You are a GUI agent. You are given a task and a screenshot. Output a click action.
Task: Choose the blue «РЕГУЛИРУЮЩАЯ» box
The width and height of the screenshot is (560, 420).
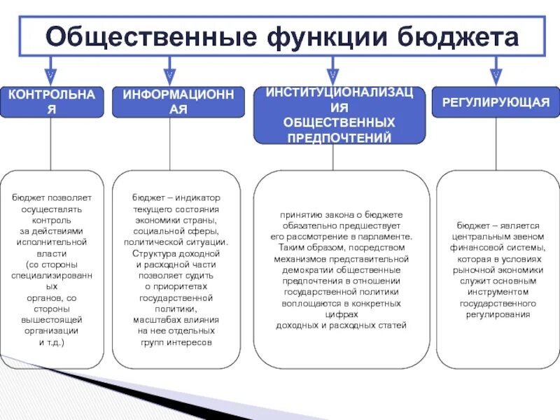[496, 102]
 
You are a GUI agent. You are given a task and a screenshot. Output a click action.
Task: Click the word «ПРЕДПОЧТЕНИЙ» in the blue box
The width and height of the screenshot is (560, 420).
[339, 137]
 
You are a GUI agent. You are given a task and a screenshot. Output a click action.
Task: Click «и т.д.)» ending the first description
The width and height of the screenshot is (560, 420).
[51, 342]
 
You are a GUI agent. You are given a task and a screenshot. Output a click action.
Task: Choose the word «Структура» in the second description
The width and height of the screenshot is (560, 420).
[155, 253]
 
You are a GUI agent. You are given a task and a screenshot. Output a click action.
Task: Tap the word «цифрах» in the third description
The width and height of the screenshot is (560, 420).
[341, 315]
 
